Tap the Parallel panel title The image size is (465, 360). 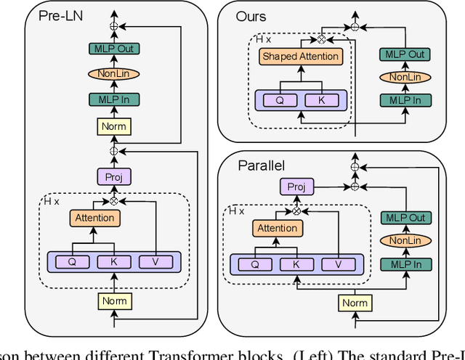coord(261,165)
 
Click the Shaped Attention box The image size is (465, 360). coord(300,57)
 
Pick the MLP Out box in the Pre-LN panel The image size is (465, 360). coord(113,49)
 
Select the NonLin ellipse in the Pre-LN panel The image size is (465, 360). coord(113,73)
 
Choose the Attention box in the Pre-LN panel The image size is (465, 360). coord(94,218)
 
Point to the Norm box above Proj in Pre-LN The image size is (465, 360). coord(113,126)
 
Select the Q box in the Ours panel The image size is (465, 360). coord(280,100)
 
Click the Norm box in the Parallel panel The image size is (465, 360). coord(355,303)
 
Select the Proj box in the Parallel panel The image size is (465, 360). coord(296,187)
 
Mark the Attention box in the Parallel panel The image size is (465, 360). coord(277,229)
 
